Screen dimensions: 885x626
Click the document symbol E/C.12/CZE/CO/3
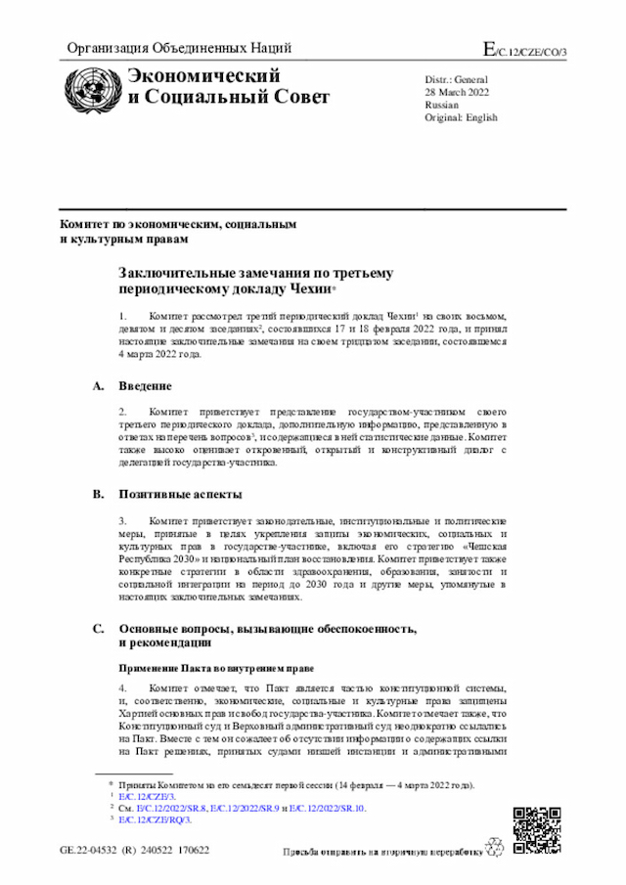click(x=525, y=49)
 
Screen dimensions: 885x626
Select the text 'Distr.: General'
click(x=456, y=77)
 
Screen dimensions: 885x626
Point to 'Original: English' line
click(x=461, y=117)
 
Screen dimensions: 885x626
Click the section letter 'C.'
click(x=99, y=628)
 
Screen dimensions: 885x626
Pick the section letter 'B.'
click(x=99, y=494)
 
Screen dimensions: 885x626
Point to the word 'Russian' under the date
click(x=441, y=104)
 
